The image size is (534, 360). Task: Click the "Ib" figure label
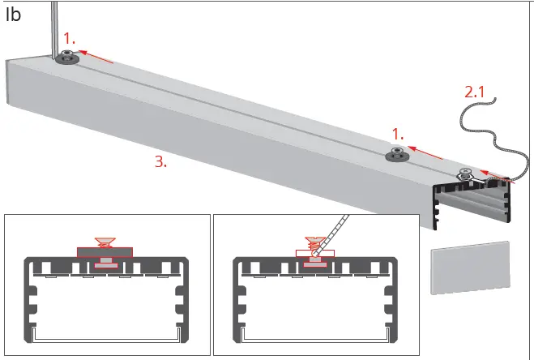coord(13,15)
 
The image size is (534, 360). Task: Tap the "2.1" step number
coord(474,91)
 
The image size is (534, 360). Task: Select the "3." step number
coord(161,161)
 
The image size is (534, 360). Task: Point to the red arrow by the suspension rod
coord(96,56)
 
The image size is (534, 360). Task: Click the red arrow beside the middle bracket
coord(427,152)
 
